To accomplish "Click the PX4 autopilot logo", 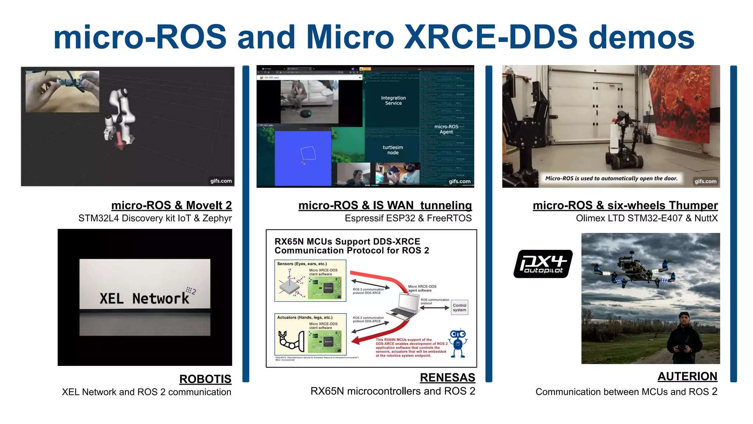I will pos(543,264).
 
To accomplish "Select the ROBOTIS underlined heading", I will pos(205,379).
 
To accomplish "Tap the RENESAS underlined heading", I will pos(447,377).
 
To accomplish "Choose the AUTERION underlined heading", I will pos(687,376).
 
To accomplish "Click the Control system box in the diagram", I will pos(459,307).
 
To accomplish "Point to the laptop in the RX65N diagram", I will pos(404,306).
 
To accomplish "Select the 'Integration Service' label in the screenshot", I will pos(393,100).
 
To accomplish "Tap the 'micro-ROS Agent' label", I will pos(446,129).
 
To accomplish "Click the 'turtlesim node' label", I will pos(393,150).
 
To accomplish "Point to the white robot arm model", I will pos(119,116).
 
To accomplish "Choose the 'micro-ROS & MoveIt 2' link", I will pos(171,205).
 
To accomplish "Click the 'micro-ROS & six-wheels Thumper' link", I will pos(625,205).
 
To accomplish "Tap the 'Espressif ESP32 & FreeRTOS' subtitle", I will pos(408,218).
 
